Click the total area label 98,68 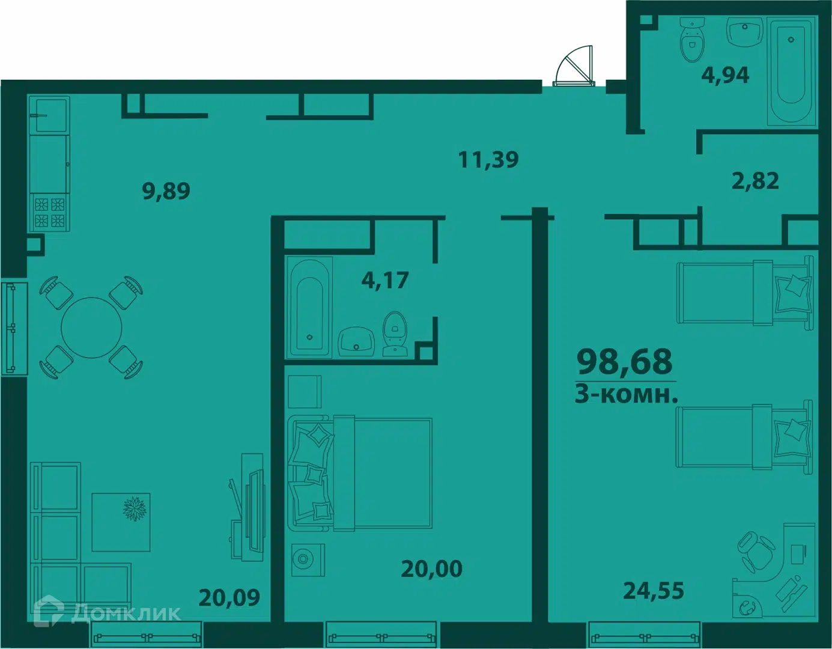[625, 361]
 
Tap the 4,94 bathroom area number [725, 75]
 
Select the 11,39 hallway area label [488, 159]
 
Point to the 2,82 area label [755, 181]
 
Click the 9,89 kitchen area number [166, 191]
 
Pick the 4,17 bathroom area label [385, 280]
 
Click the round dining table [91, 328]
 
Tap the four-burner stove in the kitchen [50, 213]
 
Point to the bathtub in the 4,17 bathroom [310, 307]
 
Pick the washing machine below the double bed [308, 560]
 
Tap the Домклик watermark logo [108, 614]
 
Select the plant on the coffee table [135, 509]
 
